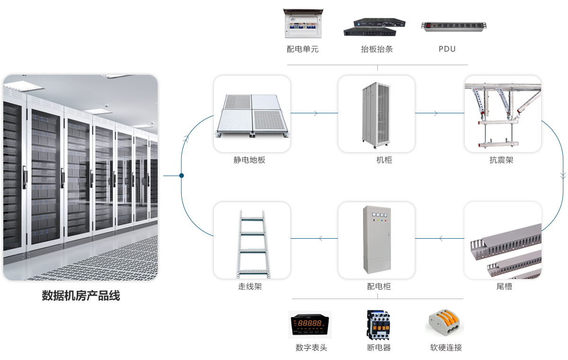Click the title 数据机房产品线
(81, 296)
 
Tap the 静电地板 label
(249, 160)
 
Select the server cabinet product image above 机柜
(376, 114)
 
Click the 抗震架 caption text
(501, 160)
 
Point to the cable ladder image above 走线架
(251, 242)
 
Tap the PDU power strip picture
(454, 27)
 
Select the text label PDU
(447, 49)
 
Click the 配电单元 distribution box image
(304, 24)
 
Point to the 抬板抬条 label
(377, 49)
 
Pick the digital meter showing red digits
(310, 324)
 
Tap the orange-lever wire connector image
(444, 324)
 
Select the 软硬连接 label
(446, 348)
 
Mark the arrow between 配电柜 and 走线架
(321, 238)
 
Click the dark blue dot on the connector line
(181, 176)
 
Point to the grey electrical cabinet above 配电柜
(377, 240)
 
